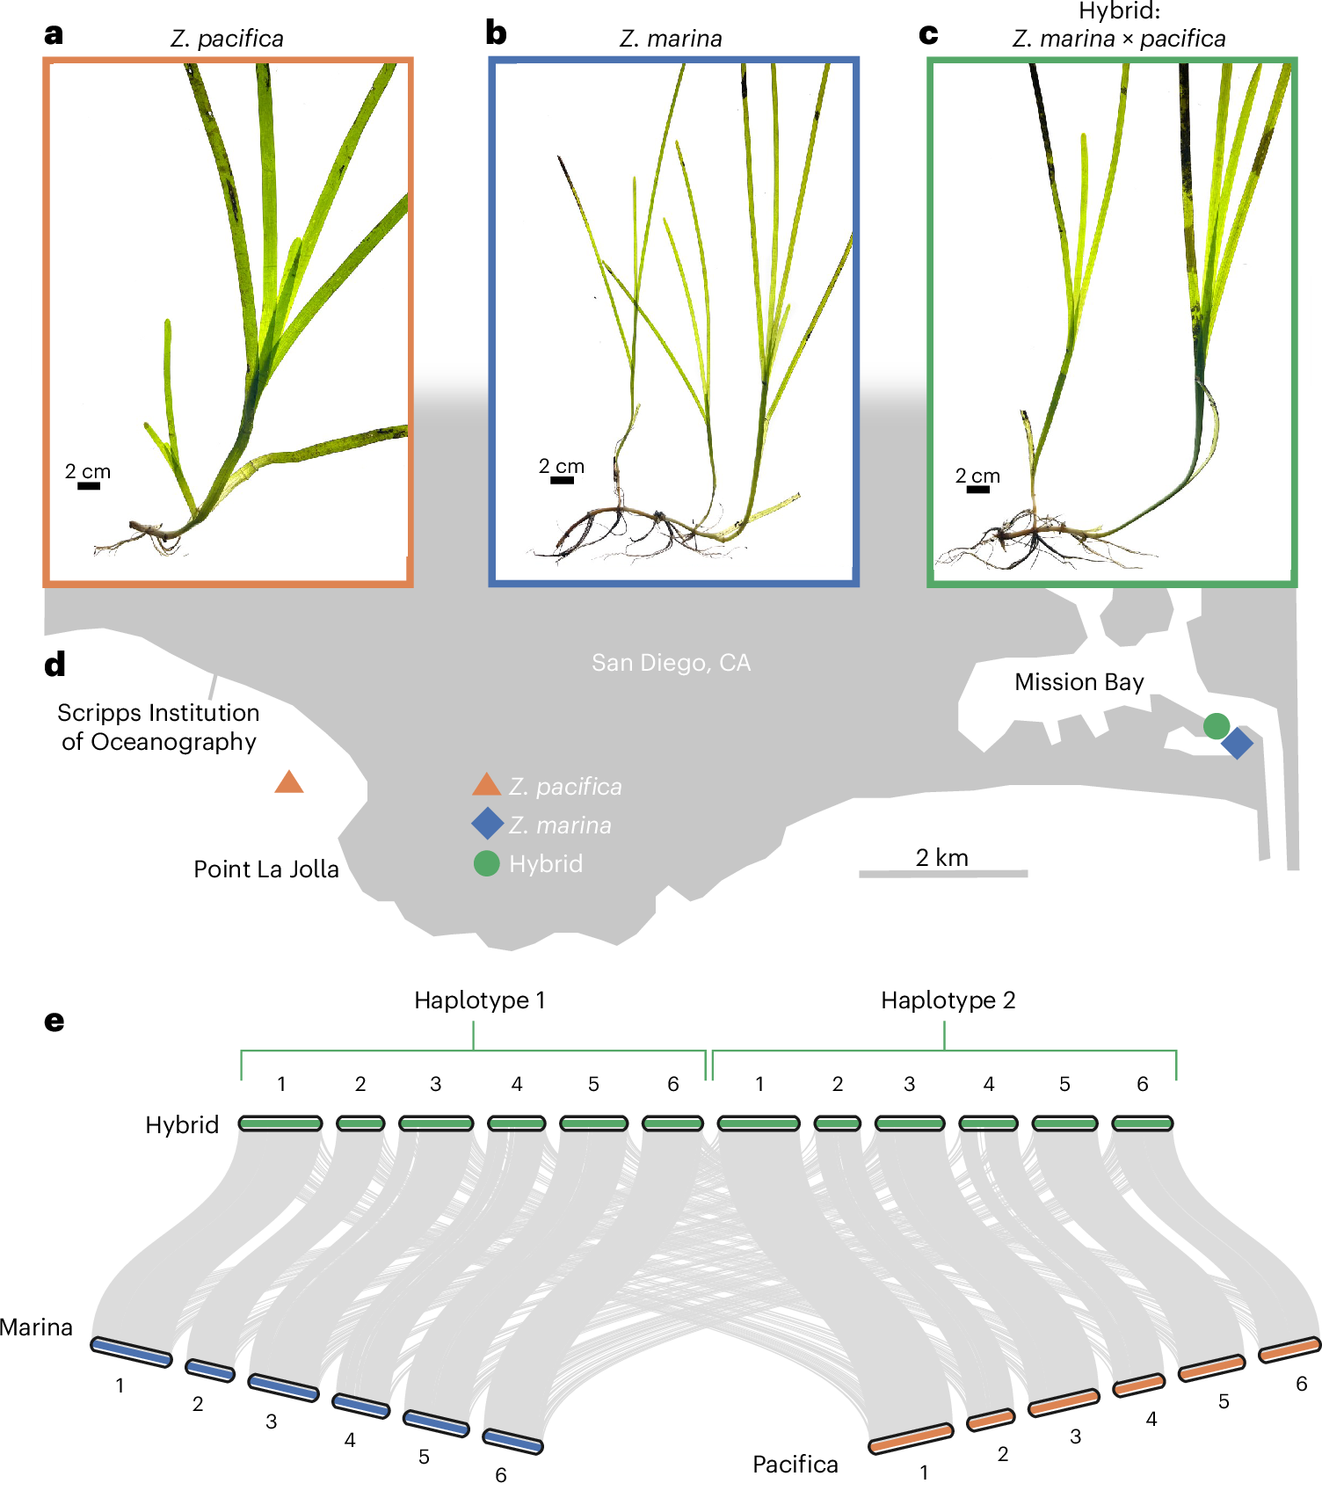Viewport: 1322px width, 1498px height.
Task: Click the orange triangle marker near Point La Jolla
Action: (288, 782)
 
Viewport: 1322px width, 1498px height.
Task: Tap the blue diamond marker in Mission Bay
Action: (1237, 743)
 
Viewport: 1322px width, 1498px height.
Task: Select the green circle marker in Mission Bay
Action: (1216, 725)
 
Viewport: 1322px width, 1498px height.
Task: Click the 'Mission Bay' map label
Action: (1079, 682)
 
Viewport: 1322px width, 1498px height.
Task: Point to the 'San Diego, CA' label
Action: (671, 663)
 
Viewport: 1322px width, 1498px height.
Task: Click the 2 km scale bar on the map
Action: (942, 873)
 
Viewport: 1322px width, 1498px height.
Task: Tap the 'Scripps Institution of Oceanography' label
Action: (158, 727)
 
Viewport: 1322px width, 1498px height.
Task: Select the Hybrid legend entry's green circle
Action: (486, 863)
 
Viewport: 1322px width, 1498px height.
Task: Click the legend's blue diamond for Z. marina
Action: (487, 824)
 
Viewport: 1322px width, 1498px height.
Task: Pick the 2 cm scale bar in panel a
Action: (89, 485)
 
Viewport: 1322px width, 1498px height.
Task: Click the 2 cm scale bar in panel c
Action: (977, 489)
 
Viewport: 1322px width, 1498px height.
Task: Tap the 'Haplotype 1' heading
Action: (479, 1000)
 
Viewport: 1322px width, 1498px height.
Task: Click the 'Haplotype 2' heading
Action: (948, 1000)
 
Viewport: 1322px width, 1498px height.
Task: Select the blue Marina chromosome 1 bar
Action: (132, 1352)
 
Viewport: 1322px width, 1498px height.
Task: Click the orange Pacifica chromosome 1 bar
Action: (911, 1438)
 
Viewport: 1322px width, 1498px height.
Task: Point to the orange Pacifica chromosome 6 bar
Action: (1289, 1349)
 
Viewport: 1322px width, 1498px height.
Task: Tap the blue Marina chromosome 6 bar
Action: (513, 1441)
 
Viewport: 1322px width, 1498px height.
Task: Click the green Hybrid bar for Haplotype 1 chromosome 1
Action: (280, 1123)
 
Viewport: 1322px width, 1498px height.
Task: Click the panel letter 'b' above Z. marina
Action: (496, 33)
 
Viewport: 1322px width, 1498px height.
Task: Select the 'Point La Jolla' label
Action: (265, 869)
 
